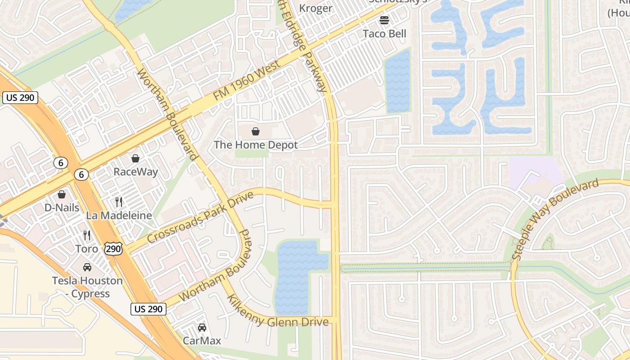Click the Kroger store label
[315, 8]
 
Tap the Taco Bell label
[384, 34]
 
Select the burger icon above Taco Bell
[384, 20]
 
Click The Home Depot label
[256, 145]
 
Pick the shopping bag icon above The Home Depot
[256, 131]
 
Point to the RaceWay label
[135, 172]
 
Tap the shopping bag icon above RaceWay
[135, 158]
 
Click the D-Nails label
[62, 208]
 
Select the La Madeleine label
[119, 216]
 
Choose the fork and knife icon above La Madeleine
[119, 202]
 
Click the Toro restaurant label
[87, 248]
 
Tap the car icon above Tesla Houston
[87, 267]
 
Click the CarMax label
[202, 341]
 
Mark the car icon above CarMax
[202, 328]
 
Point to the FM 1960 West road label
[247, 80]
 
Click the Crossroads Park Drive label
[200, 217]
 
